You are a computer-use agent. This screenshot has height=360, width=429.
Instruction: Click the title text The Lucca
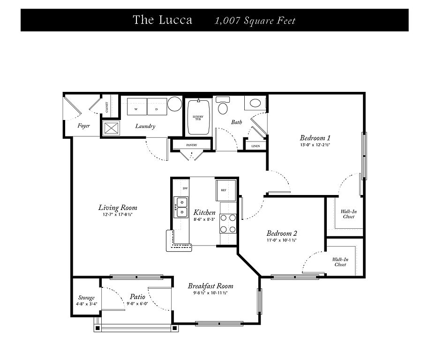[162, 20]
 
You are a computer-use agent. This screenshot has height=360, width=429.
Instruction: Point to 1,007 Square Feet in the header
[255, 21]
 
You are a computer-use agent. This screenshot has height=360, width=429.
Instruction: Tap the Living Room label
[118, 208]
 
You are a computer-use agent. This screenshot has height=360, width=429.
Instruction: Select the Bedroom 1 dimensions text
[315, 145]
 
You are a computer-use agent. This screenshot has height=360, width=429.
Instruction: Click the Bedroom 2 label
[282, 233]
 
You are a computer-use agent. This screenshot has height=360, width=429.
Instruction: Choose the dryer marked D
[157, 106]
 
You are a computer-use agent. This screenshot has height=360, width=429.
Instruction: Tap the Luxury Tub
[198, 118]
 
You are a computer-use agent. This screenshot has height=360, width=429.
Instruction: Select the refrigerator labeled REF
[224, 190]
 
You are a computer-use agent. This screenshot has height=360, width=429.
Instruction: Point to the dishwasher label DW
[185, 188]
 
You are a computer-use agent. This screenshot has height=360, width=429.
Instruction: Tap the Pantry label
[191, 145]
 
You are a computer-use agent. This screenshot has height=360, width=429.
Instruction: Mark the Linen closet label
[256, 146]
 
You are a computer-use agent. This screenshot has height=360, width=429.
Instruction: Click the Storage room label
[86, 298]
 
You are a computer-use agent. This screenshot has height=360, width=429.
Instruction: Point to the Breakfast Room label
[211, 286]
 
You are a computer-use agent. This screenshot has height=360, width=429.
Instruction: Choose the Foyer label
[83, 126]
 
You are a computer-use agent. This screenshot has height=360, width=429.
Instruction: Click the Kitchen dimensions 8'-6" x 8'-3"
[204, 219]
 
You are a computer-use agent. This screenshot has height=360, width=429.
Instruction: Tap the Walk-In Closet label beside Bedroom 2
[340, 262]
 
